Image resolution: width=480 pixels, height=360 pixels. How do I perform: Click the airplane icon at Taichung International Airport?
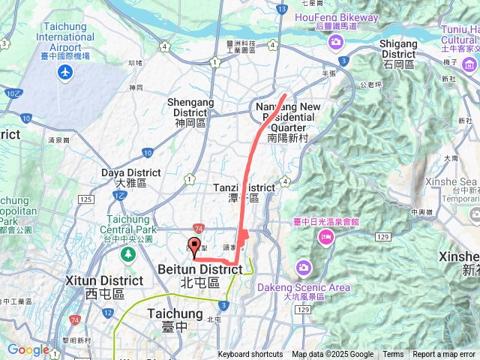point(67,72)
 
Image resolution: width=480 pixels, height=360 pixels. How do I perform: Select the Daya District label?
point(130,178)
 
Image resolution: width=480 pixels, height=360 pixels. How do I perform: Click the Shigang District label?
point(398,49)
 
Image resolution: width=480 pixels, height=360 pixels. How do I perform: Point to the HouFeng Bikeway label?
point(337,17)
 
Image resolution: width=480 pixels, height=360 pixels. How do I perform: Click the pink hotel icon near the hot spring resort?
point(325,238)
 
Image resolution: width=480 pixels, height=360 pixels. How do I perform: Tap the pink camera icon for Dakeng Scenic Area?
point(303,268)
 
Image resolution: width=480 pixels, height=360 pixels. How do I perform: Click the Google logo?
point(28,349)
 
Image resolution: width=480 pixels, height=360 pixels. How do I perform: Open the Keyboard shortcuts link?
point(250,355)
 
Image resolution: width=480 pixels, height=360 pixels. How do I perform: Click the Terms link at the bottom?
point(393,355)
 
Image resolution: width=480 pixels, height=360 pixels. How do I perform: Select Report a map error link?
point(444,355)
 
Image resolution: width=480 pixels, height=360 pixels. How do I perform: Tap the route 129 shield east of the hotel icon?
point(383,237)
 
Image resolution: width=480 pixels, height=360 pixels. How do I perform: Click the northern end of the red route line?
point(285,95)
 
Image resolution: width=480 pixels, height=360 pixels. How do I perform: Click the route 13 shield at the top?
point(280,9)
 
